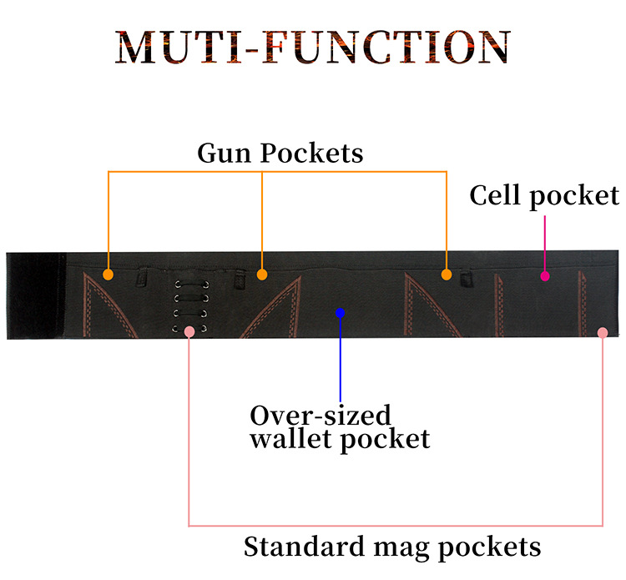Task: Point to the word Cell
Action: click(497, 195)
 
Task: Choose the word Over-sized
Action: click(321, 415)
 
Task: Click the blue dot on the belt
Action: click(340, 312)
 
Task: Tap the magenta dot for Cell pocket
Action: click(544, 275)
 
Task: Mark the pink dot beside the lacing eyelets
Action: click(189, 331)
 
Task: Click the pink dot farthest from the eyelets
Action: click(603, 332)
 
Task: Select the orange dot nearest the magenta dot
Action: click(447, 274)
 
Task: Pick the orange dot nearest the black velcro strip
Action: click(108, 274)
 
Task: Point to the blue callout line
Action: click(340, 359)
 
